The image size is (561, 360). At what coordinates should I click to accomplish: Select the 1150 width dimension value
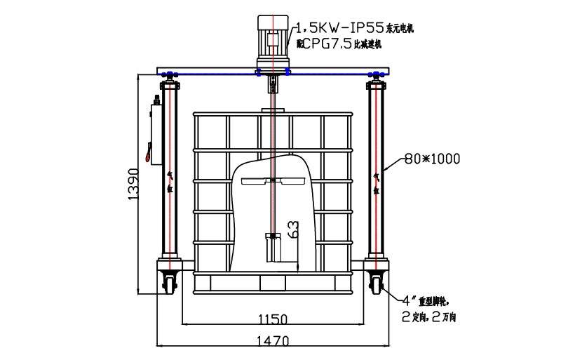(x=272, y=319)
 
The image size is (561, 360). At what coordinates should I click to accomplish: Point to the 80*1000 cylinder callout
(x=433, y=159)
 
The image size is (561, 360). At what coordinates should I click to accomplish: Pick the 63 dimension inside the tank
(x=294, y=229)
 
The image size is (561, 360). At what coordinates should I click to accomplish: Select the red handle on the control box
(x=147, y=152)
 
